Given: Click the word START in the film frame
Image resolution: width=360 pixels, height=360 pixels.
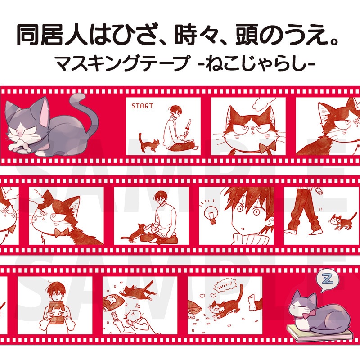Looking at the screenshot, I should [142, 106].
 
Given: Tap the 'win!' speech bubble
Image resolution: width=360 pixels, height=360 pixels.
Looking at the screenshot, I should [224, 285].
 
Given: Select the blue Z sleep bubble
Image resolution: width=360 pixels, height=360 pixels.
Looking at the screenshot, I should [326, 280].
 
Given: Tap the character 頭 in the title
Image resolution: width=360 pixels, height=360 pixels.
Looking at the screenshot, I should [247, 35].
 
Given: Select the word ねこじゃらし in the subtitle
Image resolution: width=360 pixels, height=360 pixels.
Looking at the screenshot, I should [256, 64].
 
